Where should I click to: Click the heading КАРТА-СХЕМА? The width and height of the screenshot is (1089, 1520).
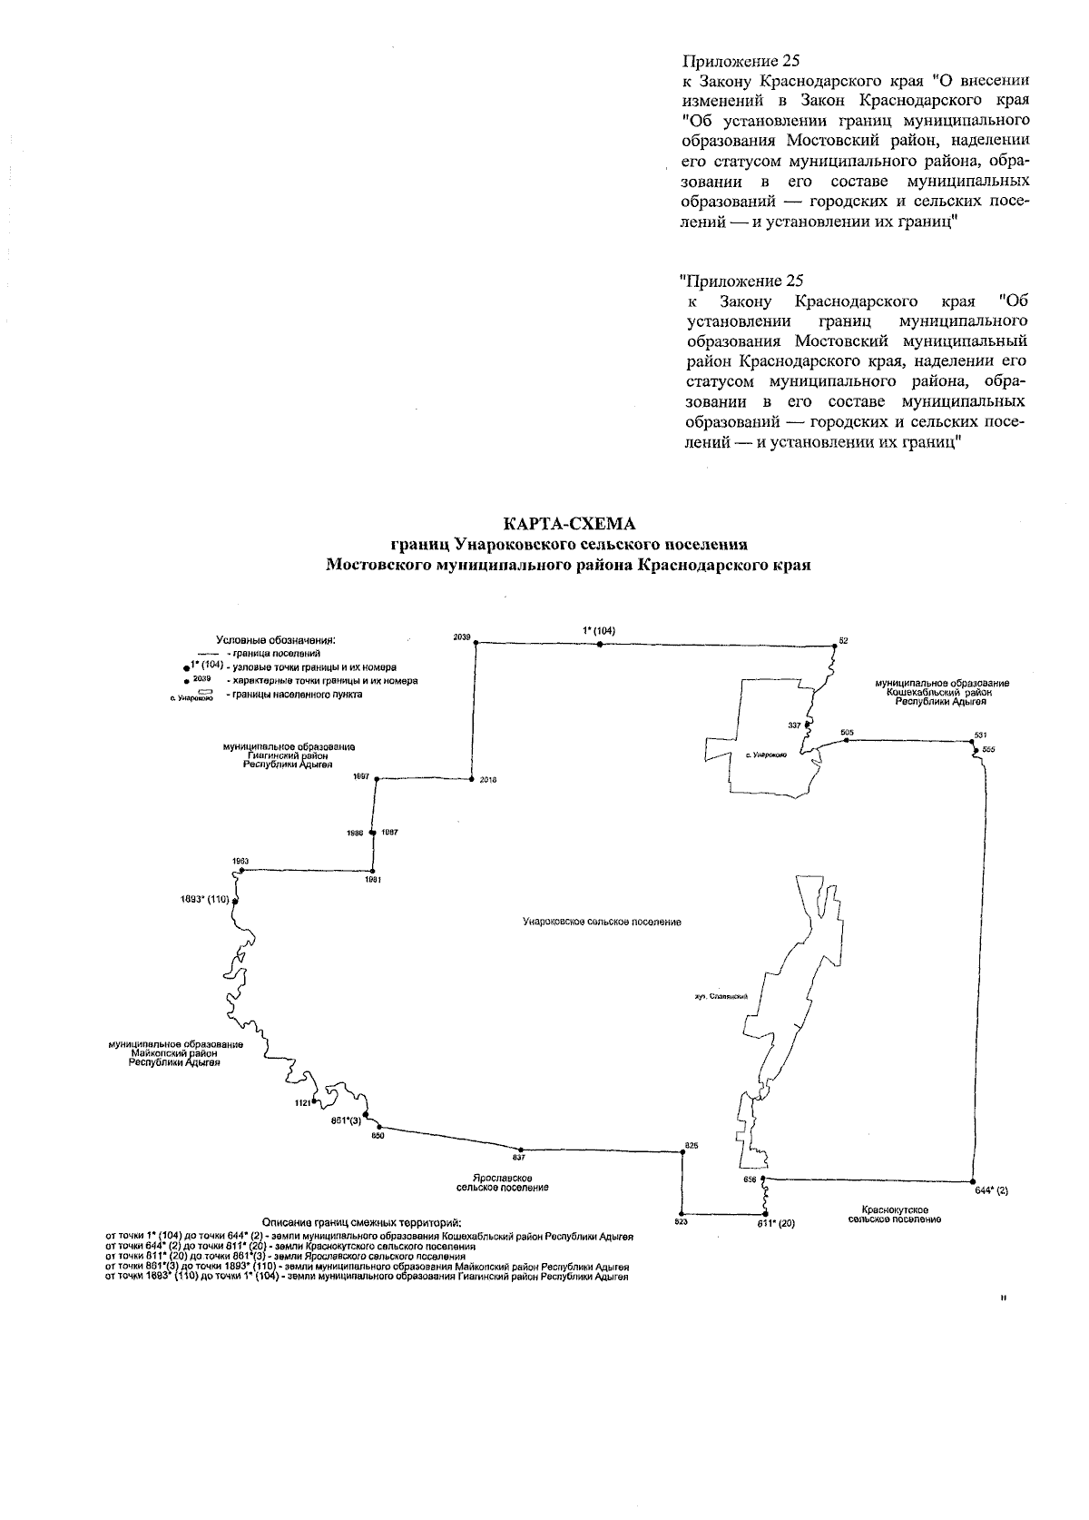tap(570, 525)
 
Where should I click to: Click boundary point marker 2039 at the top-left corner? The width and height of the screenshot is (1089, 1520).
tap(478, 643)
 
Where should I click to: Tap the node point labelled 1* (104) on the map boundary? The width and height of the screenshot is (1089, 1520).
tap(600, 644)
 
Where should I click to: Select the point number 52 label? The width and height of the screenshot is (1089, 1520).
tap(843, 641)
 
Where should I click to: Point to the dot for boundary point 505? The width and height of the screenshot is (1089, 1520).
tap(846, 741)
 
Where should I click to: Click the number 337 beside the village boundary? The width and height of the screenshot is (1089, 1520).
tap(795, 725)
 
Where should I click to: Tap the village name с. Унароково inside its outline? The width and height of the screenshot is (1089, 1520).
tap(765, 755)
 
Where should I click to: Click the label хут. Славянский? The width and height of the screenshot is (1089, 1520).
tap(720, 996)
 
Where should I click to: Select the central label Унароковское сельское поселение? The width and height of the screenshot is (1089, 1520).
tap(602, 923)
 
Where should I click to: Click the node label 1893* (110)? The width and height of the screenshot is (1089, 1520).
tap(204, 900)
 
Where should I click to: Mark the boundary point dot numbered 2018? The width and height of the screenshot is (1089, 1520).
tap(472, 779)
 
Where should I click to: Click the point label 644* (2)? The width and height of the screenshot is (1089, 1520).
tap(991, 1189)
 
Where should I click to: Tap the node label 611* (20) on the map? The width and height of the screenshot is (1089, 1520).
tap(776, 1224)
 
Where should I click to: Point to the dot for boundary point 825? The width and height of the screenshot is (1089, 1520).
tap(682, 1153)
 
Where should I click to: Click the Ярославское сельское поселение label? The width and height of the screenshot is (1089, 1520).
tap(502, 1182)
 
